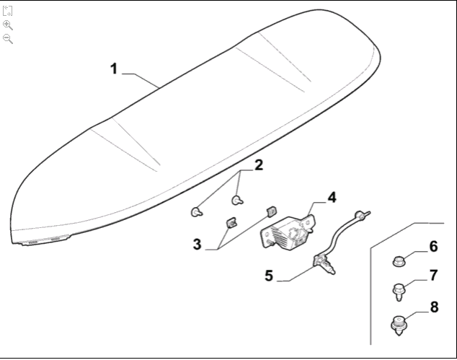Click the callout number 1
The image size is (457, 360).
114,70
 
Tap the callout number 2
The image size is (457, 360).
258,164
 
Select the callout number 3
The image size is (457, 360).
197,244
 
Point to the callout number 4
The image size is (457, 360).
331,197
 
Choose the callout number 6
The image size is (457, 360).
433,247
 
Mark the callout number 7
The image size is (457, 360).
433,275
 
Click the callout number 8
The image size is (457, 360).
433,307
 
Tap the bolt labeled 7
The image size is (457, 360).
398,290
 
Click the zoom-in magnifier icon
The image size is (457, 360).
8,25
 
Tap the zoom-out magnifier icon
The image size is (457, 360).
8,38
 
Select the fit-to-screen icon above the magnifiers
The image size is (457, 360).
8,12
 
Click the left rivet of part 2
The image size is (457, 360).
195,211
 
